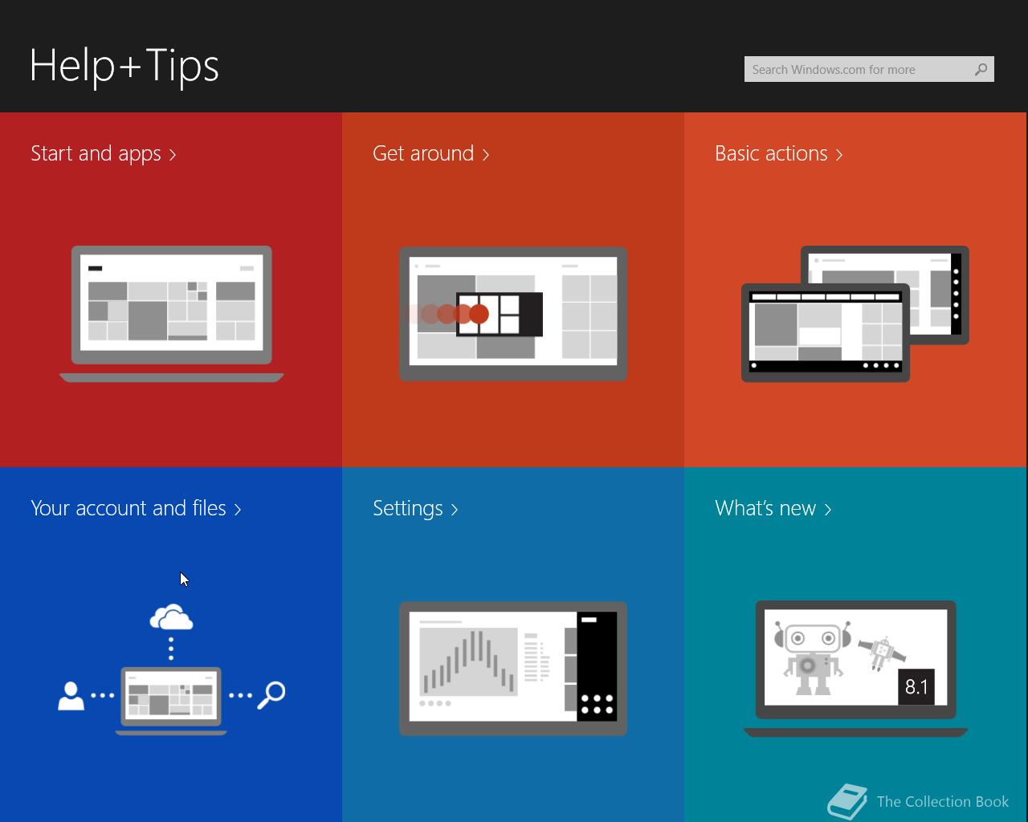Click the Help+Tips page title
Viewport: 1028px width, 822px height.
124,66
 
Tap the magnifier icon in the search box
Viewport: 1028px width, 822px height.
981,70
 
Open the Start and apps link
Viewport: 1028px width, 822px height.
104,154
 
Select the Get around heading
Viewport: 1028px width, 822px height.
431,154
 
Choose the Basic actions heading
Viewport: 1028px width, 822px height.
779,154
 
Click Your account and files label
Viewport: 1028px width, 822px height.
137,508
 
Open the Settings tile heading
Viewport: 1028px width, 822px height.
415,509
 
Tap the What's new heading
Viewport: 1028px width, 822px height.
773,508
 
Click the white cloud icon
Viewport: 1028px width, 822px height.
171,617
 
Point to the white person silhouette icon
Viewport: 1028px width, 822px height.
71,696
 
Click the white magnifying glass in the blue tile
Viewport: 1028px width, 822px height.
271,695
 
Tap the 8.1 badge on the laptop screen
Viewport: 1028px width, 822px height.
916,687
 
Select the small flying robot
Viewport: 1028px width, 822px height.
882,653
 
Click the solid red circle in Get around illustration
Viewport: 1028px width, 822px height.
479,314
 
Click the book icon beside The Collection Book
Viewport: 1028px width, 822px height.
847,801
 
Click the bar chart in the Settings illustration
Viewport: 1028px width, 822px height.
468,661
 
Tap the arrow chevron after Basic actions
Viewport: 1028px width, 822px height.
838,154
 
